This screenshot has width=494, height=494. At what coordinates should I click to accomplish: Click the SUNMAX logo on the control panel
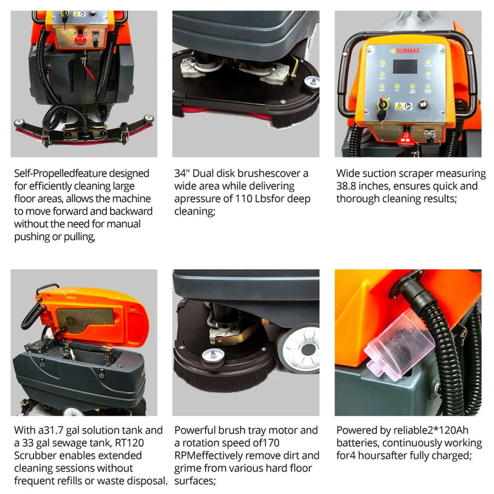tap(405, 51)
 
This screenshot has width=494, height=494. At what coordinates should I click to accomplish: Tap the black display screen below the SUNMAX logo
tap(405, 67)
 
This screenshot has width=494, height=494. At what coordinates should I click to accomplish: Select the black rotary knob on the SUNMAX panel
tap(423, 104)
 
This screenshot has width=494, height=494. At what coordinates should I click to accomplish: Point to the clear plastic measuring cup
tap(399, 344)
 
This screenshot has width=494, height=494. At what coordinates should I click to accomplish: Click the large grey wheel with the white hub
tap(301, 349)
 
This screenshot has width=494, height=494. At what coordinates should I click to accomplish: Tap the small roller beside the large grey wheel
tap(213, 356)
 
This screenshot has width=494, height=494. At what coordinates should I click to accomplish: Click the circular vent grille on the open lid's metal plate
tap(70, 321)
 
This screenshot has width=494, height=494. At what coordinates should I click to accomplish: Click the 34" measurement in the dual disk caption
tap(182, 174)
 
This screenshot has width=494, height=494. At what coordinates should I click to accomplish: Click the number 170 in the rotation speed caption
tap(270, 443)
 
